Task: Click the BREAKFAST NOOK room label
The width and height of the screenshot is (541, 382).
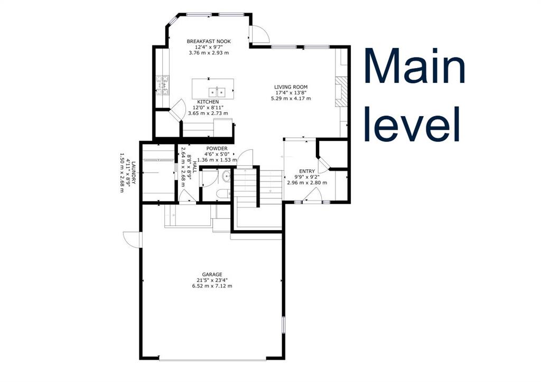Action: tap(209, 41)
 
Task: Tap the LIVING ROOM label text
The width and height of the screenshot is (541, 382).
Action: tap(291, 87)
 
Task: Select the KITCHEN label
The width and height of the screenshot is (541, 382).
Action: tap(208, 102)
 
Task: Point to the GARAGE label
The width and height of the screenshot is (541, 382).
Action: tap(212, 274)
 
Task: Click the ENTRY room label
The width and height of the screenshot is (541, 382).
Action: tap(307, 171)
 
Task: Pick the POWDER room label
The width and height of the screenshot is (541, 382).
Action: tap(217, 148)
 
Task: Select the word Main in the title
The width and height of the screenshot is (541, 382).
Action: tap(415, 65)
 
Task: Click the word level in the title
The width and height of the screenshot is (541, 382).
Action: tap(412, 123)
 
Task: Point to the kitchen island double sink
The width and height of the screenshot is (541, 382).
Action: tap(217, 92)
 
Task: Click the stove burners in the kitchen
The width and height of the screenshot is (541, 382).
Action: tap(163, 85)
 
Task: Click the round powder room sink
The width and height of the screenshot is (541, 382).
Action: tap(227, 177)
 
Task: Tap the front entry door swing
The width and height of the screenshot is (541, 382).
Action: tap(312, 195)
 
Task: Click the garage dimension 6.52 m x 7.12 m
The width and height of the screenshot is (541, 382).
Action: tap(212, 286)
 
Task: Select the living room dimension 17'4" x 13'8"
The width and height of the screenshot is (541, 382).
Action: tap(291, 93)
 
